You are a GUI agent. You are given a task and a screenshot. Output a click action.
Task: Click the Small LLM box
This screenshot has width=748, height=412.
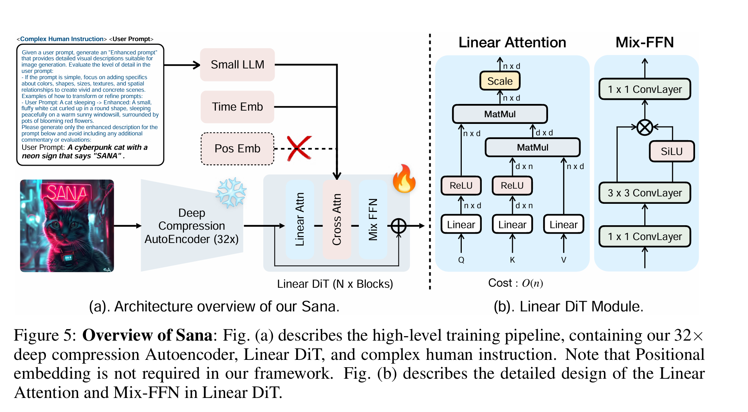(237, 65)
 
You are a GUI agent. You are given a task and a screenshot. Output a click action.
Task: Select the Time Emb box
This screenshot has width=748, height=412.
(237, 107)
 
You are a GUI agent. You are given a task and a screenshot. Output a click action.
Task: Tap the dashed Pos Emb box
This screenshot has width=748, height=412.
(237, 149)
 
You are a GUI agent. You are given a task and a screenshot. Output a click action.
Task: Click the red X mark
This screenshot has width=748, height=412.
(299, 148)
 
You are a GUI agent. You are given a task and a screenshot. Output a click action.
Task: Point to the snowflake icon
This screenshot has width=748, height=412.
(231, 192)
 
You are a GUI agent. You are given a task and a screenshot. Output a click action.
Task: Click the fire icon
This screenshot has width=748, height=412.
(404, 179)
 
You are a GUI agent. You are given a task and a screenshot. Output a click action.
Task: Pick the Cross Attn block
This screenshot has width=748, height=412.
(337, 219)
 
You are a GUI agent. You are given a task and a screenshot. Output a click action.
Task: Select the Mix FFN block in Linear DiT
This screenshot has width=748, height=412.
(373, 219)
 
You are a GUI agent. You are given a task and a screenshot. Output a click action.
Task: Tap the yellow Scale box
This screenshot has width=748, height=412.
(500, 81)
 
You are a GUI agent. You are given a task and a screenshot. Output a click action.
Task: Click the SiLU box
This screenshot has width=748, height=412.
(671, 151)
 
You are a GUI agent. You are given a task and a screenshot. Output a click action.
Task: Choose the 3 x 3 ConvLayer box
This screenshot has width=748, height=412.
(644, 193)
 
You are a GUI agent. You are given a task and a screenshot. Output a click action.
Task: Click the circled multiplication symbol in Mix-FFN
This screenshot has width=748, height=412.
(645, 127)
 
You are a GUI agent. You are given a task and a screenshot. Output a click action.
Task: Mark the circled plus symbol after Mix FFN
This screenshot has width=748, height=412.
(398, 226)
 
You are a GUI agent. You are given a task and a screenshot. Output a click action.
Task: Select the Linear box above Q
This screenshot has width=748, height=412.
(461, 224)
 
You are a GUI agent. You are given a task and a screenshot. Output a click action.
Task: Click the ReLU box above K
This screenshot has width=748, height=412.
(512, 185)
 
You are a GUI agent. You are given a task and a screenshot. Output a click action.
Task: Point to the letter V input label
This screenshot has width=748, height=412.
(564, 260)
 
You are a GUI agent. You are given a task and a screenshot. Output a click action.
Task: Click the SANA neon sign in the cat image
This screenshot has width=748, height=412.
(67, 193)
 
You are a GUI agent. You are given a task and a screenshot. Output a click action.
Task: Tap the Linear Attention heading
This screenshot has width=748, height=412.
(512, 43)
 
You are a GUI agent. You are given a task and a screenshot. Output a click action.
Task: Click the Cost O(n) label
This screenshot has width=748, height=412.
(515, 283)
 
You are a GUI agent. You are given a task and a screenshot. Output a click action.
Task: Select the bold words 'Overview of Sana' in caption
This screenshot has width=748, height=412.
(147, 335)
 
